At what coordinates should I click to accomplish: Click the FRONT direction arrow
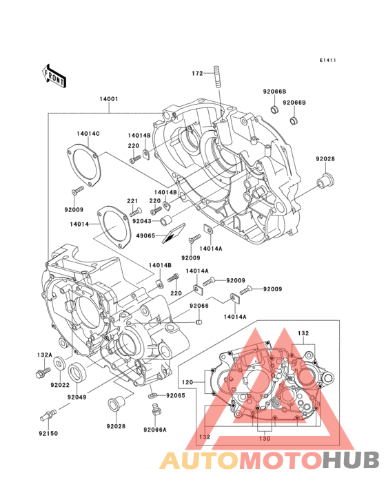pos(54,76)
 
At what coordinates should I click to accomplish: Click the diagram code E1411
pos(327,60)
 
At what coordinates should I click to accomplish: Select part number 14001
pos(109,99)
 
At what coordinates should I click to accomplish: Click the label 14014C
pos(88,134)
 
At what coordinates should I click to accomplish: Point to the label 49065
pos(145,236)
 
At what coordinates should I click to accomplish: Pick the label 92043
pos(142,221)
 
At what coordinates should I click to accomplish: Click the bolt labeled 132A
pos(43,372)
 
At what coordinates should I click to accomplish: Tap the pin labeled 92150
pos(48,414)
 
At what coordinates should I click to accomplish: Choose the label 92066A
pos(155,430)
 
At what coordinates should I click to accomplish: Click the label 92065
pos(176,395)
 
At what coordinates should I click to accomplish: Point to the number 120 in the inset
pos(187,382)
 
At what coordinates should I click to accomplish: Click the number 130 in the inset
pos(265,439)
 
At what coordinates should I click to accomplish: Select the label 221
pos(132,201)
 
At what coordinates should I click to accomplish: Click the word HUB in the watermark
pos(352,460)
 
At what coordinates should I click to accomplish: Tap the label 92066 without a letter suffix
pos(199,306)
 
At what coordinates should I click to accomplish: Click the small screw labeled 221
pos(135,212)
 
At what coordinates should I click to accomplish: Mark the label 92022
pos(60,385)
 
